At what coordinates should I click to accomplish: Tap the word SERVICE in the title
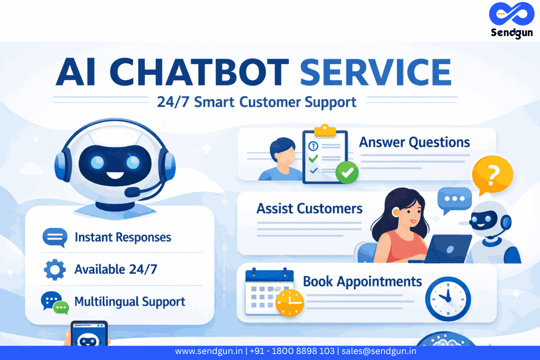pyautogui.click(x=375, y=72)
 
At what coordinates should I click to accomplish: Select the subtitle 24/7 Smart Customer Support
pyautogui.click(x=256, y=101)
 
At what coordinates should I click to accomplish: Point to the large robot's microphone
pyautogui.click(x=133, y=191)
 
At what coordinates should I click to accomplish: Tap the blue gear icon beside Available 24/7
pyautogui.click(x=54, y=269)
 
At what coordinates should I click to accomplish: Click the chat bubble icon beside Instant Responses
pyautogui.click(x=54, y=237)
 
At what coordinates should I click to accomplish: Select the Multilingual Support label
pyautogui.click(x=129, y=301)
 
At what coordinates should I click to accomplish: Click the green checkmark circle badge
pyautogui.click(x=347, y=172)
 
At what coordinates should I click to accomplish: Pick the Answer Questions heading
pyautogui.click(x=414, y=142)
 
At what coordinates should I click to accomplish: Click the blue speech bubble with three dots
pyautogui.click(x=454, y=199)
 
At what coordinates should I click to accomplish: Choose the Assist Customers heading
pyautogui.click(x=309, y=208)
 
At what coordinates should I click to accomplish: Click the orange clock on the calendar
pyautogui.click(x=289, y=302)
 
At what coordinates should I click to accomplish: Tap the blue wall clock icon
pyautogui.click(x=447, y=298)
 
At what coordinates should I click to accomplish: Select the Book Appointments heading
pyautogui.click(x=362, y=281)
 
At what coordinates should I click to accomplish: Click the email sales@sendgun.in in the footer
pyautogui.click(x=379, y=351)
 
